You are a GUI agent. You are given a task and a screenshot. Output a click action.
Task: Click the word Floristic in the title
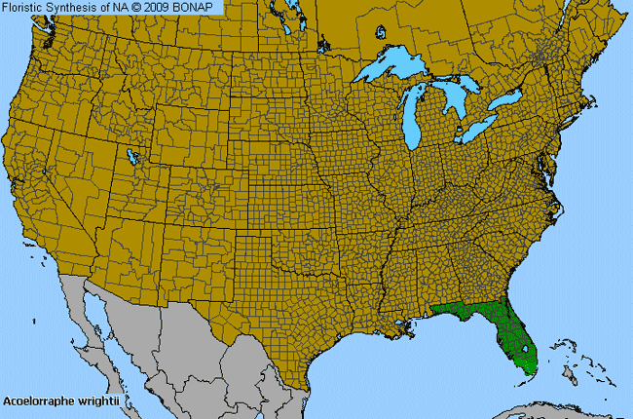[26, 7]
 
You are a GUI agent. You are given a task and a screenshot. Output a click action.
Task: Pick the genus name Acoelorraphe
[41, 400]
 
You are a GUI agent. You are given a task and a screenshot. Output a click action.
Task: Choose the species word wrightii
[100, 400]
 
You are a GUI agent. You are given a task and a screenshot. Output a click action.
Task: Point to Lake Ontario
[505, 100]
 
